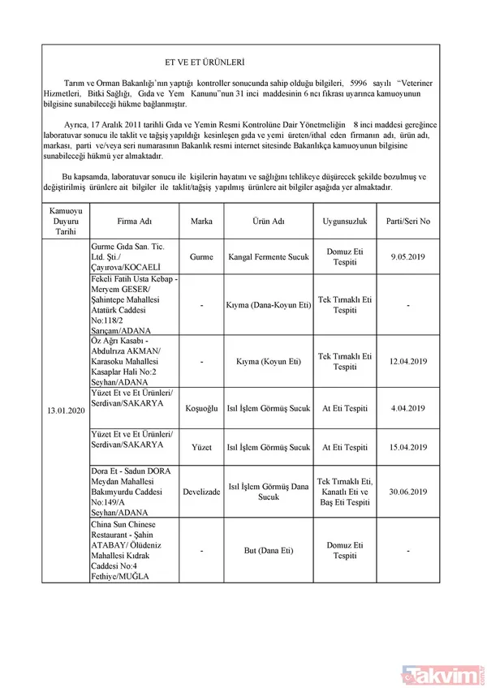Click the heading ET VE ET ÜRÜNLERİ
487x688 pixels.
205,62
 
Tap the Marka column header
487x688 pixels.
201,221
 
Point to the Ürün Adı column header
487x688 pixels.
268,221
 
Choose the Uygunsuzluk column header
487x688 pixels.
346,221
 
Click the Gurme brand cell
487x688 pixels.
201,256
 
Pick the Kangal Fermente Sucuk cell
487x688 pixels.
268,256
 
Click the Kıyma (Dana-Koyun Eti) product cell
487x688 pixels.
268,305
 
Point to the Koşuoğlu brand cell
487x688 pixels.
201,408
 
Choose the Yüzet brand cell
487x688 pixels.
201,447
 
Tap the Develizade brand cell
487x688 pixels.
201,492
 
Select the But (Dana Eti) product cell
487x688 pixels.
268,551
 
